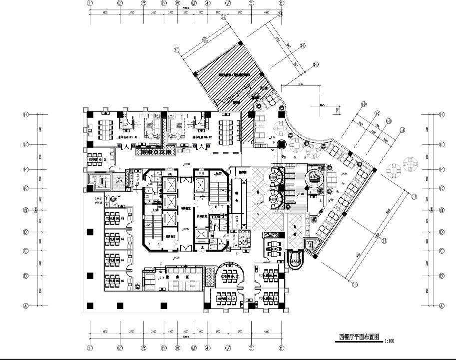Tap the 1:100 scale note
pos(390,341)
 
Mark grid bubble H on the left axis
pos(25,114)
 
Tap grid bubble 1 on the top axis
pos(90,3)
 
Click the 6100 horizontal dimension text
pos(300,84)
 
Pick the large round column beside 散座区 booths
pos(281,145)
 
